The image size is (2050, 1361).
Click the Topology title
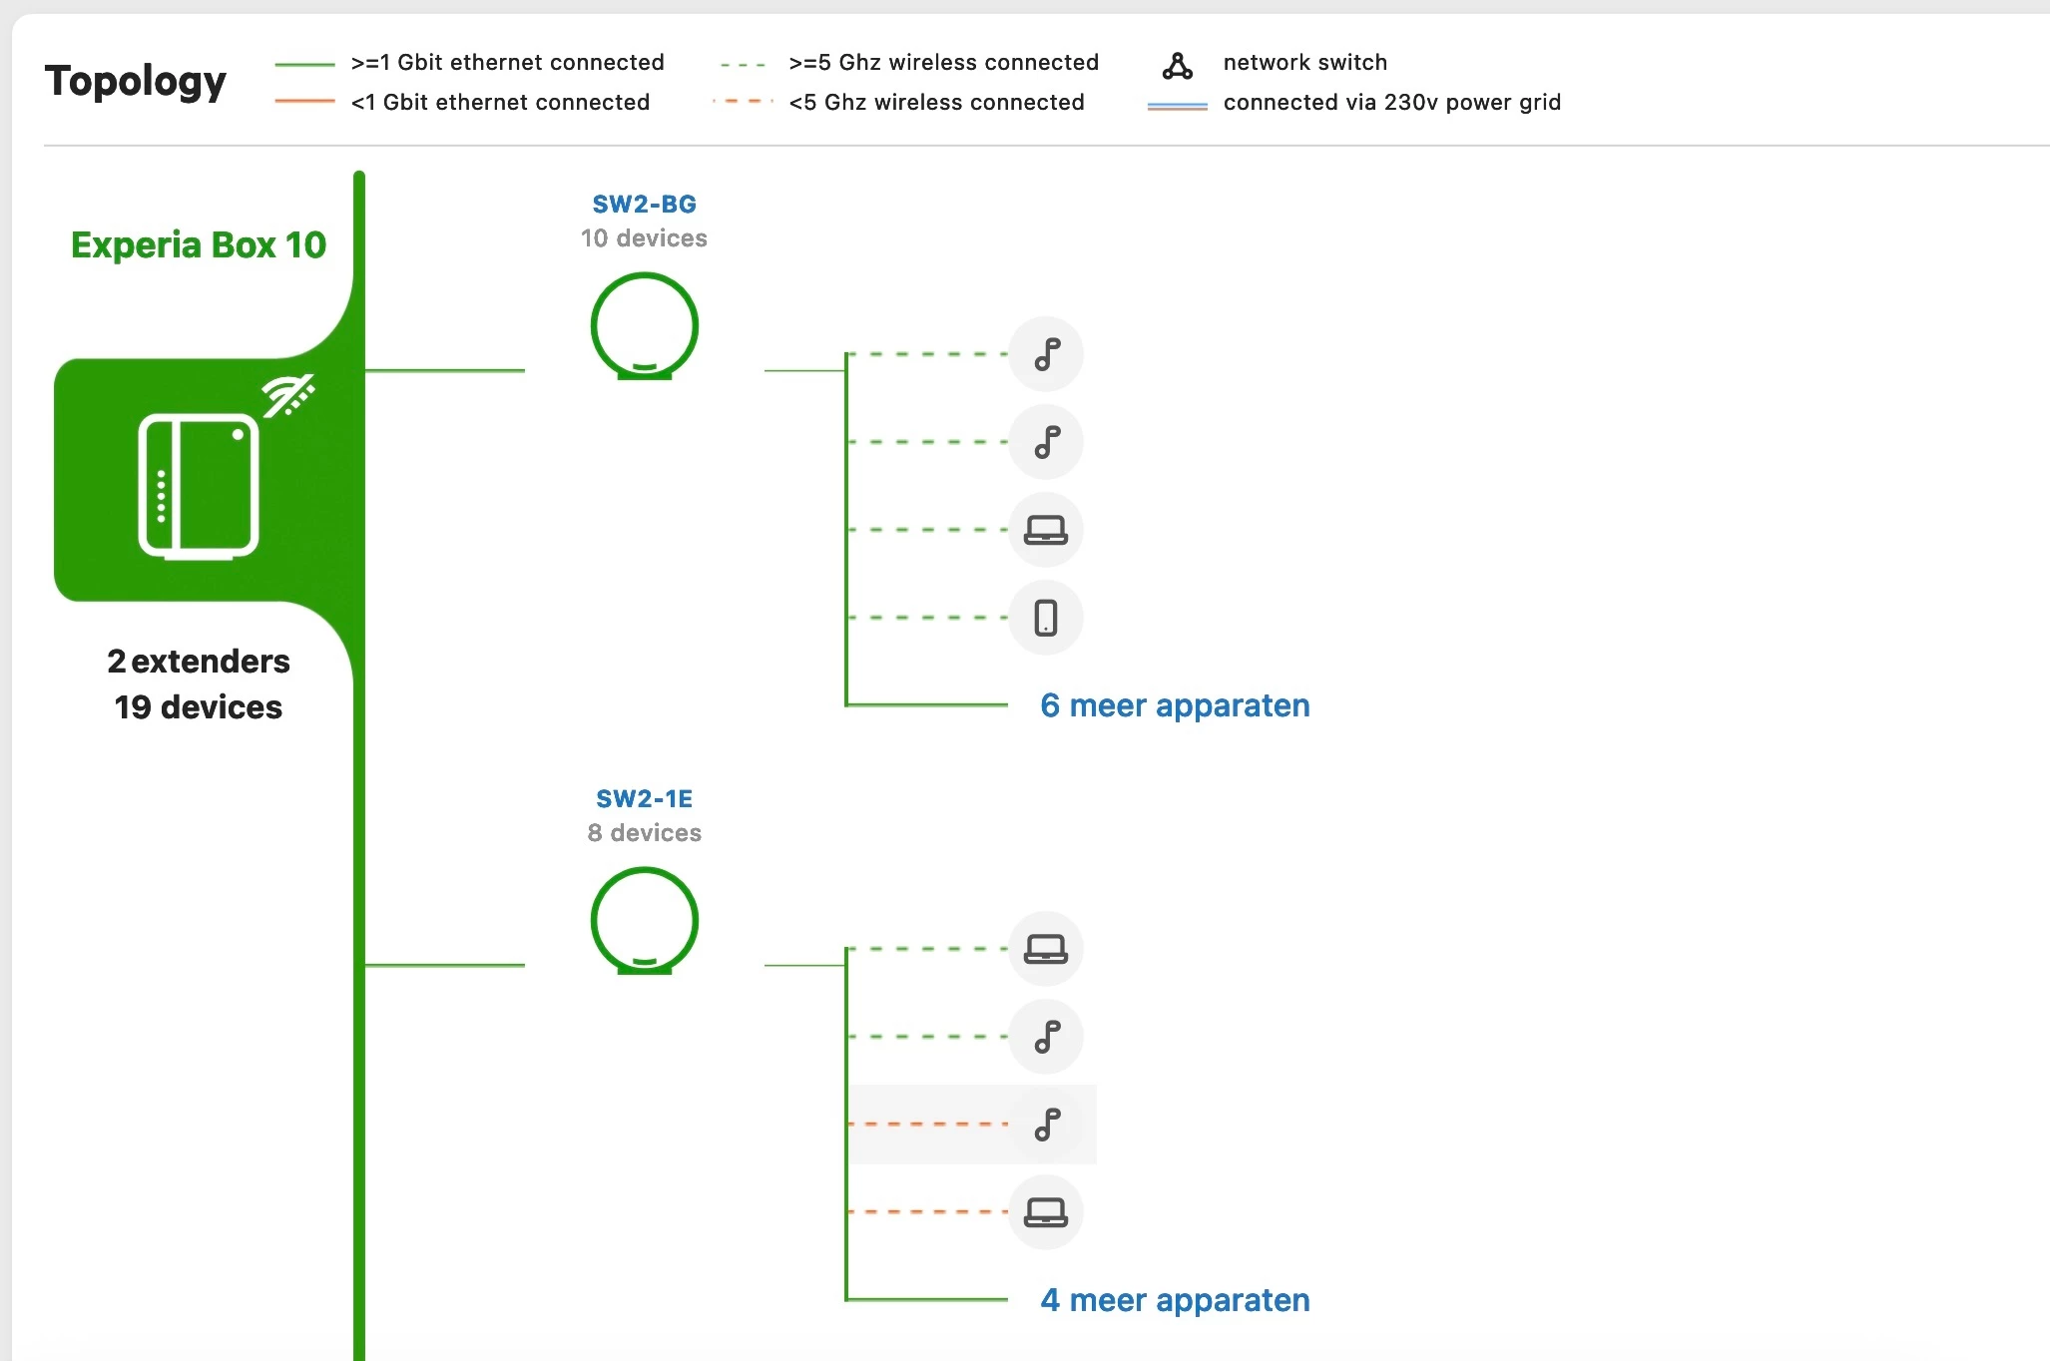click(136, 81)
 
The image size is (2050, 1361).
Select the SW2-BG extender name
click(644, 205)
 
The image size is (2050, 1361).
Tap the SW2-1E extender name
click(644, 799)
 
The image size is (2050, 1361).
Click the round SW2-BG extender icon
click(644, 326)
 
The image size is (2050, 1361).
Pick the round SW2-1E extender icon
click(644, 921)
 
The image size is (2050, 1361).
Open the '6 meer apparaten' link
click(1174, 705)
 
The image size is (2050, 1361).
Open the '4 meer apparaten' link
click(1174, 1300)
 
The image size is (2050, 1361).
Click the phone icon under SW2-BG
click(1046, 618)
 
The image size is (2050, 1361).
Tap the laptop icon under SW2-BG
click(1046, 530)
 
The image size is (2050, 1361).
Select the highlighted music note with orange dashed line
click(1046, 1125)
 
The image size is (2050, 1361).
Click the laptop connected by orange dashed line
click(1046, 1212)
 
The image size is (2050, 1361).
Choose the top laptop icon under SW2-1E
click(1046, 949)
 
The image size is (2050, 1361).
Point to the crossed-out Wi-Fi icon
click(288, 395)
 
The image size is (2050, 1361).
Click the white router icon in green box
click(199, 486)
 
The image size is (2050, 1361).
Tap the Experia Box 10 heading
click(199, 245)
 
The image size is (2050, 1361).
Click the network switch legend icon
click(1178, 66)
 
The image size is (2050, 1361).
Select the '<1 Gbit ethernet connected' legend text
click(500, 103)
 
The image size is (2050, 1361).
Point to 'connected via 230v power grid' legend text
click(1391, 103)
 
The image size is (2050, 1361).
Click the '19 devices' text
click(199, 707)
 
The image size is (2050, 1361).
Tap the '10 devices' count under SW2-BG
click(644, 238)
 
